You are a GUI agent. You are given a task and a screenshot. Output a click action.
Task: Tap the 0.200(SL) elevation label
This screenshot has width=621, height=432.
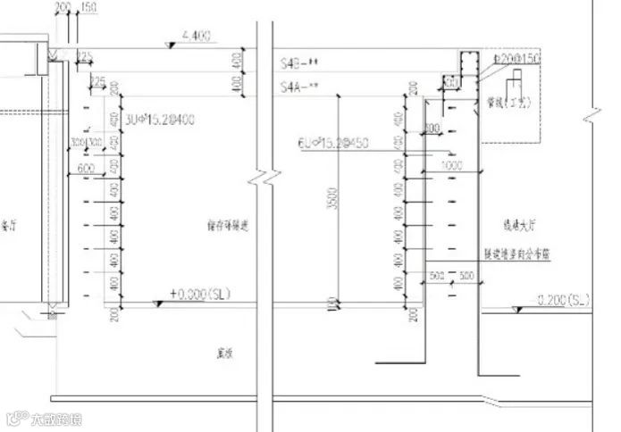click(x=564, y=299)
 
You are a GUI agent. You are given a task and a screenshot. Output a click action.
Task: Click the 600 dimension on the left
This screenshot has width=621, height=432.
click(x=87, y=168)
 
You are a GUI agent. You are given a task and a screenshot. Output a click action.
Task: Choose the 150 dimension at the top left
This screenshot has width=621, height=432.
click(x=88, y=7)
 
